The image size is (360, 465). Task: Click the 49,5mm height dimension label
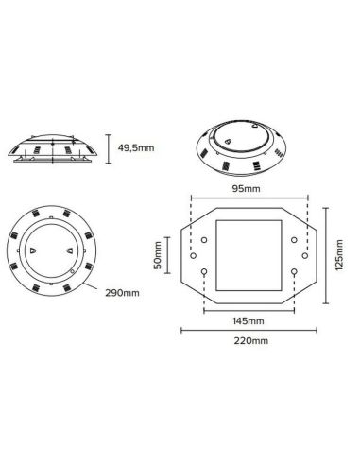pyautogui.click(x=135, y=148)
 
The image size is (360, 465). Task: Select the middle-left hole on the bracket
pyautogui.click(x=194, y=255)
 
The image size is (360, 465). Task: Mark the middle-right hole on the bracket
pyautogui.click(x=307, y=255)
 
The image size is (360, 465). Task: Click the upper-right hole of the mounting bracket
pyautogui.click(x=295, y=239)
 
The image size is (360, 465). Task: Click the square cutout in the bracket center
pyautogui.click(x=249, y=255)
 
